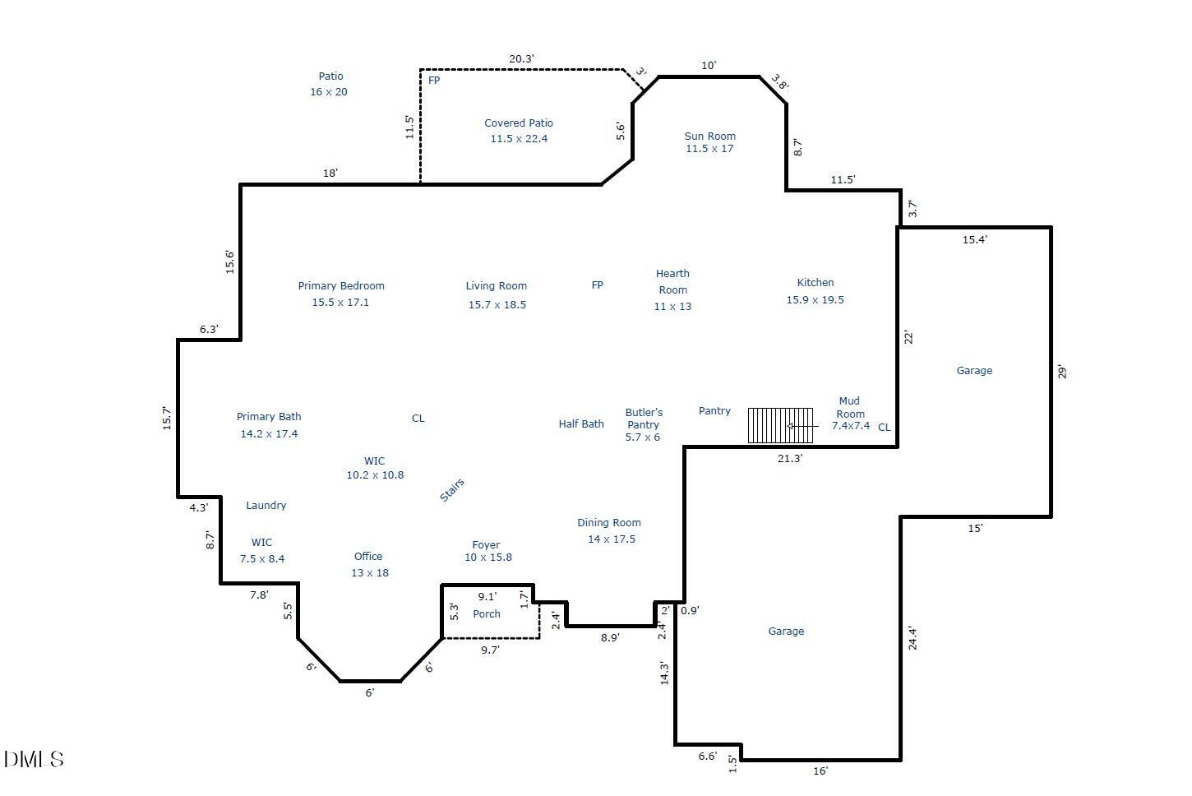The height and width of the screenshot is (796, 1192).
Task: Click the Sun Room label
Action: click(709, 137)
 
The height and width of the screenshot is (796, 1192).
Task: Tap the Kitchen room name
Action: click(815, 283)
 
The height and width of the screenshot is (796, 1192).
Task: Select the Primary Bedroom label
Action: click(341, 286)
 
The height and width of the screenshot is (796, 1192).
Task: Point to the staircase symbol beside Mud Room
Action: click(780, 426)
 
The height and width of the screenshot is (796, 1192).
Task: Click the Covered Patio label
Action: click(519, 123)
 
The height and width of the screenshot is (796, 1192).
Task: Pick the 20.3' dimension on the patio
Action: click(521, 59)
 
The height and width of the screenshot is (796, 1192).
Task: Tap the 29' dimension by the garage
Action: click(1062, 372)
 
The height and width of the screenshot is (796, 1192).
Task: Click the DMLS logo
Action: click(34, 759)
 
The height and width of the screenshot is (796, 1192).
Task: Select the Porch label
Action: click(487, 614)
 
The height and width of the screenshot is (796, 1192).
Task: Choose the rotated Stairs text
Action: click(452, 490)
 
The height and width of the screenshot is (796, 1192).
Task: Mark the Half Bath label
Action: click(581, 424)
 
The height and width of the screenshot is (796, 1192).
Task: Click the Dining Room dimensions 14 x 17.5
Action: click(611, 539)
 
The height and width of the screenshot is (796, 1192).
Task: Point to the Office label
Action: click(368, 557)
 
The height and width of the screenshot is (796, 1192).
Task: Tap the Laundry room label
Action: click(266, 506)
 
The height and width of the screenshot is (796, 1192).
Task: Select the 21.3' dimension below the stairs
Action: click(789, 459)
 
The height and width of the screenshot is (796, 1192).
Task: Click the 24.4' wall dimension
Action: click(912, 638)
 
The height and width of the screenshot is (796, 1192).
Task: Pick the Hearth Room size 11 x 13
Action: click(672, 307)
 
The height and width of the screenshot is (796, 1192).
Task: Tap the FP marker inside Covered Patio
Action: click(434, 81)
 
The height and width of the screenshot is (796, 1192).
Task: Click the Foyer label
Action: click(486, 545)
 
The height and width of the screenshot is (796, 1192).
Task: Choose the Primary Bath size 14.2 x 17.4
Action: click(269, 434)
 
